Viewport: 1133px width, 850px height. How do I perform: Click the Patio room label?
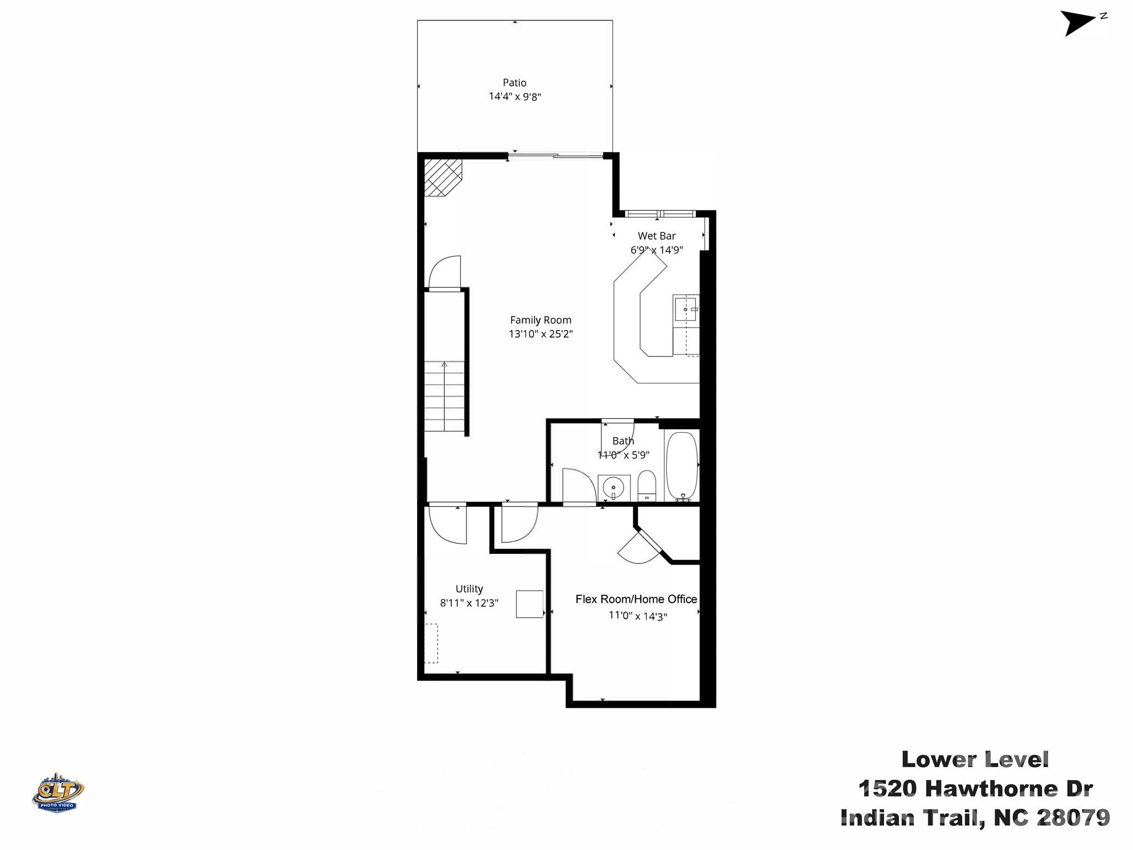pyautogui.click(x=514, y=82)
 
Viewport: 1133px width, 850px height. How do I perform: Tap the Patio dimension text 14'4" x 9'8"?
pyautogui.click(x=514, y=96)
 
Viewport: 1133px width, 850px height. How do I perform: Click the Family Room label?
pyautogui.click(x=540, y=320)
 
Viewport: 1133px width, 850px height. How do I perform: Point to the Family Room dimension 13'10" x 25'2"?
pyautogui.click(x=540, y=334)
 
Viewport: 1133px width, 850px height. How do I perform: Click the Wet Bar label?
pyautogui.click(x=656, y=236)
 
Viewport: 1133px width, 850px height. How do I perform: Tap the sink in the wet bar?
pyautogui.click(x=686, y=309)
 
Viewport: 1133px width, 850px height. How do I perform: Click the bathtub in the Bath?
pyautogui.click(x=681, y=466)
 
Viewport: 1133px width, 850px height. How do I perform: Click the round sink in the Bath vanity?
pyautogui.click(x=613, y=488)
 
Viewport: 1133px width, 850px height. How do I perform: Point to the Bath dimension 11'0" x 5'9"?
pyautogui.click(x=623, y=455)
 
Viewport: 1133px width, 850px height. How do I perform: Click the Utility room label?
pyautogui.click(x=469, y=589)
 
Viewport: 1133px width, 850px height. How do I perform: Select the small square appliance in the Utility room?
pyautogui.click(x=529, y=604)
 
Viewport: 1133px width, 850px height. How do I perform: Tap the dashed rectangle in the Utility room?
pyautogui.click(x=431, y=643)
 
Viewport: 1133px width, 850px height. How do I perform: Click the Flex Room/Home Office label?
pyautogui.click(x=636, y=599)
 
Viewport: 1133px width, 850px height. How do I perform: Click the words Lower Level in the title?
pyautogui.click(x=975, y=759)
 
